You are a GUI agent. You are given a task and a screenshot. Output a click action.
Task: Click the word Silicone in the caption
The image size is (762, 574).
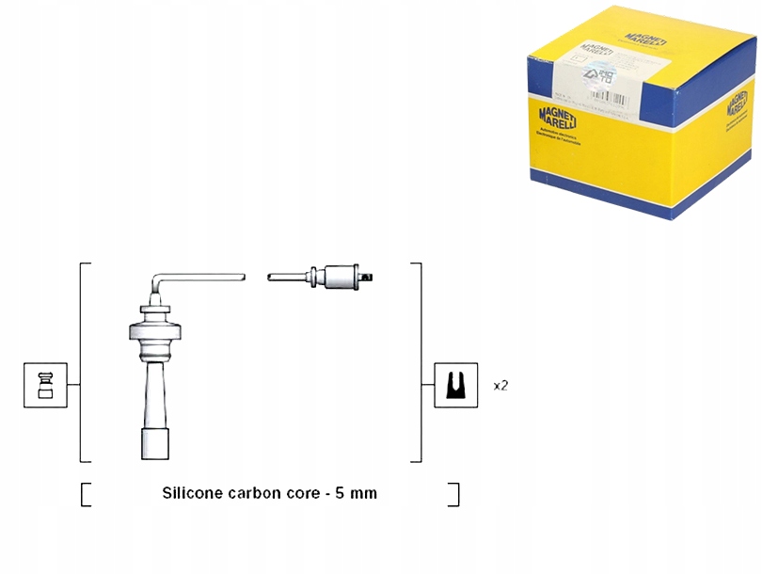(192, 493)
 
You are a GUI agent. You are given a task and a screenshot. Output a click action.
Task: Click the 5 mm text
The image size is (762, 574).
(357, 493)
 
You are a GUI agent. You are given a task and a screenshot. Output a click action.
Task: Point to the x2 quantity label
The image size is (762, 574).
(500, 386)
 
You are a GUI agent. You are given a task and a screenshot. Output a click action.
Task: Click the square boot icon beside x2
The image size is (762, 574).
(456, 386)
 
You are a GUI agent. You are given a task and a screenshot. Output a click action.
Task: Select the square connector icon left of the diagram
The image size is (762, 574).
(45, 386)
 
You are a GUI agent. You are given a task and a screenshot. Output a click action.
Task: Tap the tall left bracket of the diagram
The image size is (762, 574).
(82, 362)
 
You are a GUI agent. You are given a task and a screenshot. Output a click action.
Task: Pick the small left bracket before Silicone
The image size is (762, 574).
(86, 495)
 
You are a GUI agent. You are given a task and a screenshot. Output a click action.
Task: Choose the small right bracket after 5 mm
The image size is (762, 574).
(455, 495)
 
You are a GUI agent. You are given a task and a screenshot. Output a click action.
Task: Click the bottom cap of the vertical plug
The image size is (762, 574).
(155, 445)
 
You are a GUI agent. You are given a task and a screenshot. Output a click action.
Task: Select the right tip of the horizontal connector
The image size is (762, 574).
(374, 277)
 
